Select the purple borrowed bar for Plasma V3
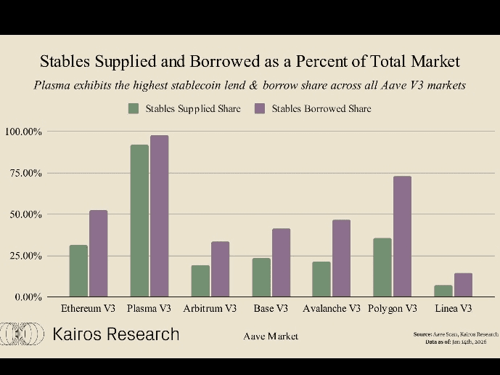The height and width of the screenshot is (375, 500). pos(159,217)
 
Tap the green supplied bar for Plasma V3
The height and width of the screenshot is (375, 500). pos(139,221)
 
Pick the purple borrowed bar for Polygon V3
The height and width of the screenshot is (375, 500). pos(402,237)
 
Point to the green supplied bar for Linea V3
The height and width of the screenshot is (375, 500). pos(443,291)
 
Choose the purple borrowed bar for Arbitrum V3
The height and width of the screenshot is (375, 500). pos(220,270)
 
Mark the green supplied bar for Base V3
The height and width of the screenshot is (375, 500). pos(261,278)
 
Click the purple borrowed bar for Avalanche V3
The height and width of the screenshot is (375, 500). pos(341,259)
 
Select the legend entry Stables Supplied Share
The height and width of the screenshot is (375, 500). pos(185,109)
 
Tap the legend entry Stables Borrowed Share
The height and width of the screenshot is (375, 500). pos(313,109)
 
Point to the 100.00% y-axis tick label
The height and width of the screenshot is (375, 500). pos(24,132)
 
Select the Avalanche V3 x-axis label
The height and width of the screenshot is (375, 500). pos(332,308)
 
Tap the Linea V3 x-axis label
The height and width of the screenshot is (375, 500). pos(453,308)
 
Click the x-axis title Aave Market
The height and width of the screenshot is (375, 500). pos(271,336)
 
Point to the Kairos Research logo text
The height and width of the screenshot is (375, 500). pos(116,334)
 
